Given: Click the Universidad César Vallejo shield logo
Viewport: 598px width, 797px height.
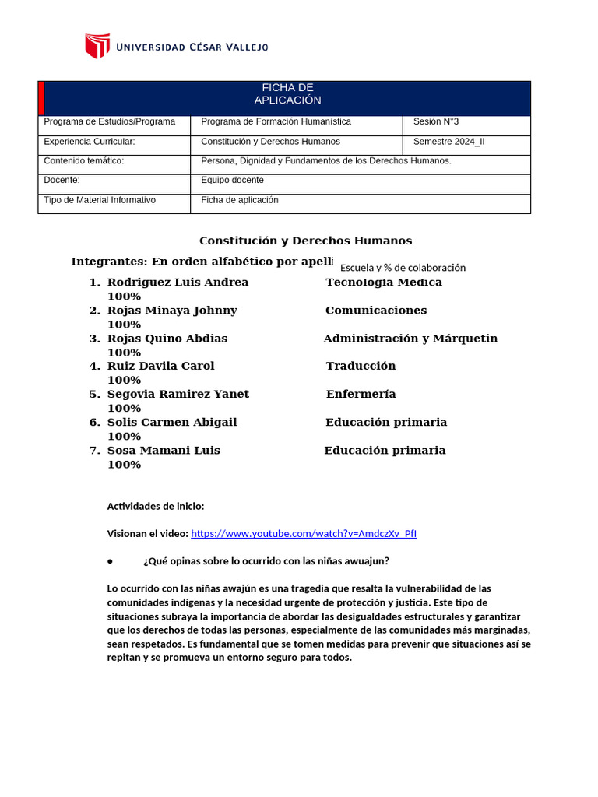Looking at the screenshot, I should pyautogui.click(x=97, y=46).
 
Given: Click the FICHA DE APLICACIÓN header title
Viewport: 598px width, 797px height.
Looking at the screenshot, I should pyautogui.click(x=287, y=94).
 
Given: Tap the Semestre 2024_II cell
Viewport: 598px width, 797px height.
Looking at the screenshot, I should pyautogui.click(x=448, y=142).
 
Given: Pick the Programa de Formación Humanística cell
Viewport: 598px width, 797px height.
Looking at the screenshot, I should pyautogui.click(x=276, y=121).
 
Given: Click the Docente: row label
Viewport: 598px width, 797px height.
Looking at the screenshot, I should pyautogui.click(x=62, y=181).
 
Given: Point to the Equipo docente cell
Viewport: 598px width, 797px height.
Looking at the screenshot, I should pyautogui.click(x=232, y=181).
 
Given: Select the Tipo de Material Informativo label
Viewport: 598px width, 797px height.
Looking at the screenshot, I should pyautogui.click(x=100, y=200).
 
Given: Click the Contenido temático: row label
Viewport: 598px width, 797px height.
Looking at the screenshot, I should pyautogui.click(x=83, y=161).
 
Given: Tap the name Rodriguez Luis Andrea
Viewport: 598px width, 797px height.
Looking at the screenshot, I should pyautogui.click(x=178, y=283).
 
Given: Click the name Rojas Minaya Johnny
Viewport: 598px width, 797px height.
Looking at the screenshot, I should pyautogui.click(x=172, y=311).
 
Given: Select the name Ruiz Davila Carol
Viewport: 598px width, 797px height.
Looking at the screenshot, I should pyautogui.click(x=160, y=366).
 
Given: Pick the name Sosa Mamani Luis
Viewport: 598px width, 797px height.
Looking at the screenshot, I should pyautogui.click(x=164, y=451).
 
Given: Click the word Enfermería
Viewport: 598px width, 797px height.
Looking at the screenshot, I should pyautogui.click(x=361, y=395).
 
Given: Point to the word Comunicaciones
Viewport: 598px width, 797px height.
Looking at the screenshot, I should pyautogui.click(x=376, y=311).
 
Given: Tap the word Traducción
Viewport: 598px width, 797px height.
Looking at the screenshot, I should pyautogui.click(x=361, y=366).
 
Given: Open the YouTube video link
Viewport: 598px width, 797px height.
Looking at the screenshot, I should pyautogui.click(x=304, y=534).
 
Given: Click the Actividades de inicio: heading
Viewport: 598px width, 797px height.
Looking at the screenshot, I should pyautogui.click(x=156, y=506).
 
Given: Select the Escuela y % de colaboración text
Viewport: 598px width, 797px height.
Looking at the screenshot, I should pyautogui.click(x=403, y=268).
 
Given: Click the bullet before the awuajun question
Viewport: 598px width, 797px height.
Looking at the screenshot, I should pyautogui.click(x=111, y=561).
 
